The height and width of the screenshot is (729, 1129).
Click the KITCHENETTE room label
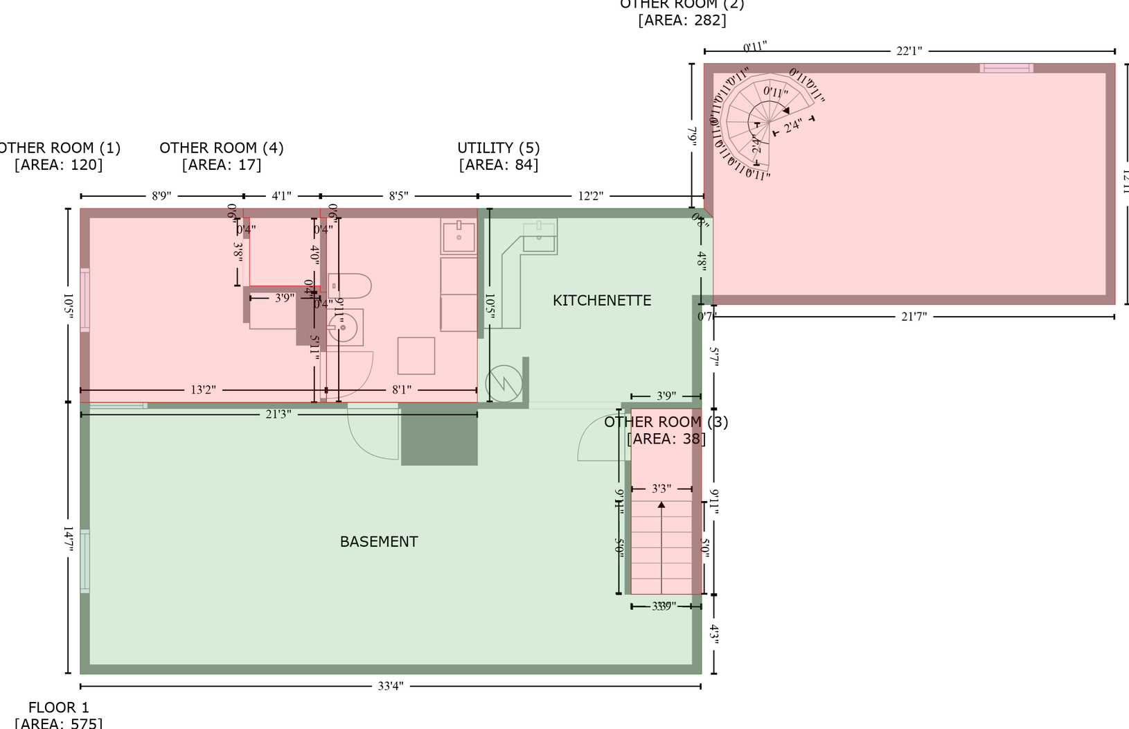point(601,300)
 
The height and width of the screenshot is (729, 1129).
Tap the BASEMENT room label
point(378,541)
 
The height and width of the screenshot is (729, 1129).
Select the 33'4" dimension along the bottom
point(391,686)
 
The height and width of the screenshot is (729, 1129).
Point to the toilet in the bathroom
point(351,286)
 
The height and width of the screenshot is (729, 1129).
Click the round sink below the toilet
point(344,327)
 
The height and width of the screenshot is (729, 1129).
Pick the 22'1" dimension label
point(909,51)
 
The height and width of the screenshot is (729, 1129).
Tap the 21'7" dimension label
point(914,317)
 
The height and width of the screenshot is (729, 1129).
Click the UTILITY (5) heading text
point(498,148)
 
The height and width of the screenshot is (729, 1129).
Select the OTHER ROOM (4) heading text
point(221,148)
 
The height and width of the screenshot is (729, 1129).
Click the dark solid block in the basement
point(439,434)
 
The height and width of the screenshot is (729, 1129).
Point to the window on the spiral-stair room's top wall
point(1006,68)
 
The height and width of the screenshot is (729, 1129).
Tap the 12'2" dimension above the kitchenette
point(590,196)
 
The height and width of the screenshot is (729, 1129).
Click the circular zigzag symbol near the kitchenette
point(504,383)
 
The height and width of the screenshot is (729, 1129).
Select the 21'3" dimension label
point(278,414)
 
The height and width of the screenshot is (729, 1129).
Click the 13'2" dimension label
point(203,390)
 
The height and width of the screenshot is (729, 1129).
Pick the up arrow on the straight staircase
point(661,505)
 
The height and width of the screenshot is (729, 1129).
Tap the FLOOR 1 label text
point(58,708)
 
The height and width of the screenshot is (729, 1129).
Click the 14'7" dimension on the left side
point(68,538)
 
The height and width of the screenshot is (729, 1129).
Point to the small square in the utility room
point(416,355)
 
